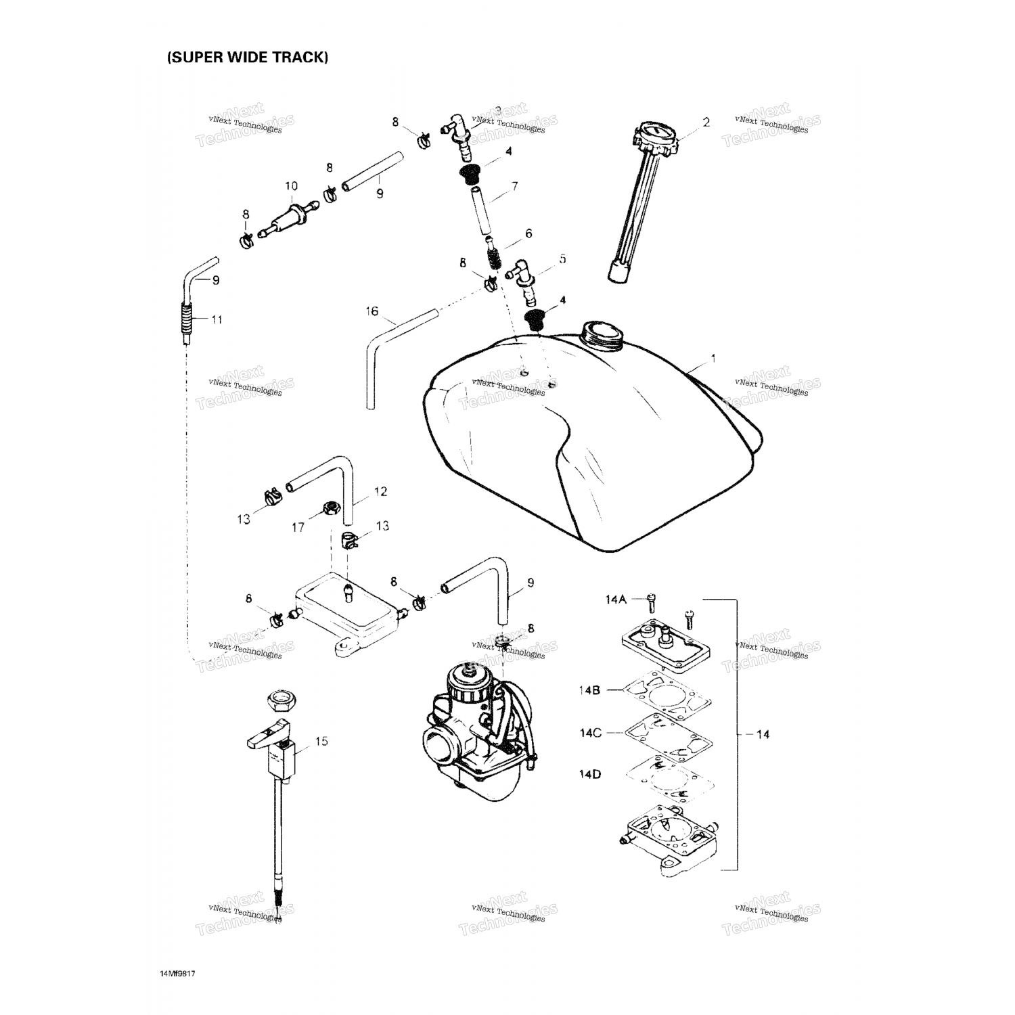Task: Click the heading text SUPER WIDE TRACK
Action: (x=248, y=58)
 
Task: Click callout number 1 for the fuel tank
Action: (x=713, y=357)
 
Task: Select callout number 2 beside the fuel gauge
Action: (x=706, y=122)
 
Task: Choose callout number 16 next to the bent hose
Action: (x=372, y=311)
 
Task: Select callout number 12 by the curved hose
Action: (x=380, y=492)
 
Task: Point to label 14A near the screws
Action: (x=616, y=599)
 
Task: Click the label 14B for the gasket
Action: (x=589, y=690)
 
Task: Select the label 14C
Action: (x=590, y=733)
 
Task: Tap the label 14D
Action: (x=590, y=774)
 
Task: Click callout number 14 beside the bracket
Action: (x=762, y=734)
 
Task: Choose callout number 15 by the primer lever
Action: (x=321, y=742)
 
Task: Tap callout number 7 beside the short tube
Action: (x=515, y=186)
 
